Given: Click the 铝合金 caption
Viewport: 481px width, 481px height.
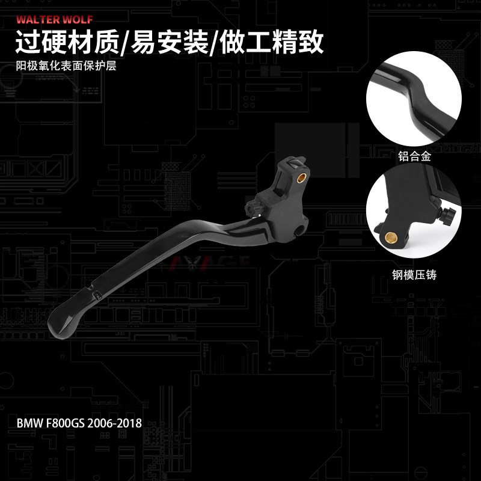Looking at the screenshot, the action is pyautogui.click(x=415, y=157).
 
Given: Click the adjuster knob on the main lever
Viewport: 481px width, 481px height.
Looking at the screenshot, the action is pyautogui.click(x=251, y=207).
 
